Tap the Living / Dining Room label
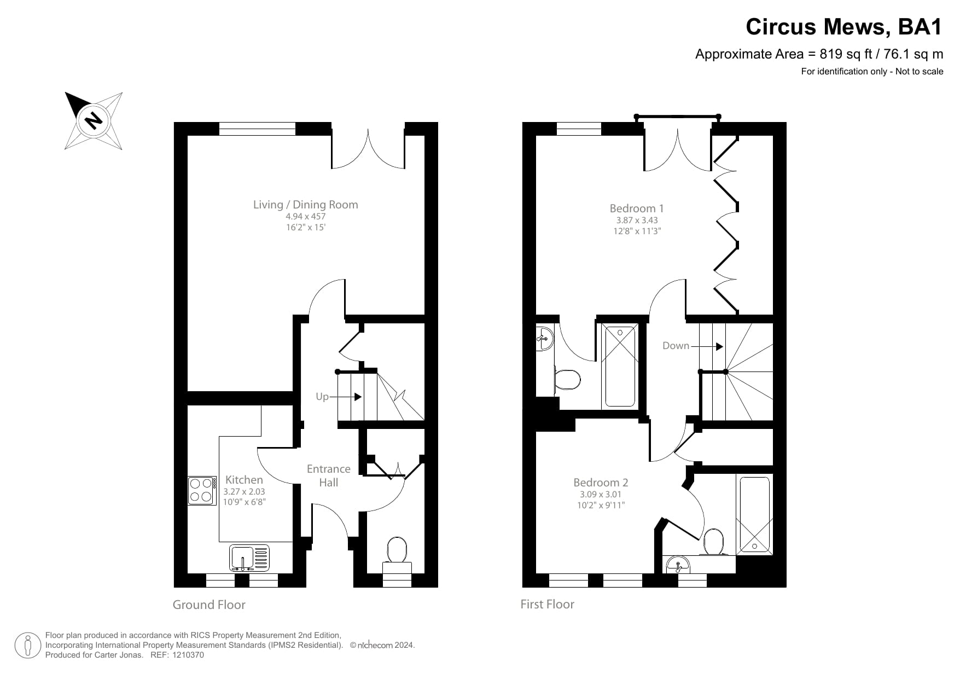coord(305,205)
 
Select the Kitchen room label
coord(244,480)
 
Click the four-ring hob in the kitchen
coord(201,490)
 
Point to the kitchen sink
coord(249,558)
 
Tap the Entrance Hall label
coord(329,475)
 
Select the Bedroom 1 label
coord(637,208)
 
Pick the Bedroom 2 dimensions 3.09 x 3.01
coord(601,494)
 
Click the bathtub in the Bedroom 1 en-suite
coord(620,365)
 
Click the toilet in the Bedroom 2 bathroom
coord(713,542)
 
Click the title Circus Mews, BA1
coord(844,26)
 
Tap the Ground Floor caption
coord(209,605)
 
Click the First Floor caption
coord(547,604)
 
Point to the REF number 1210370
coord(188,655)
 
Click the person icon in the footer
coord(28,645)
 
